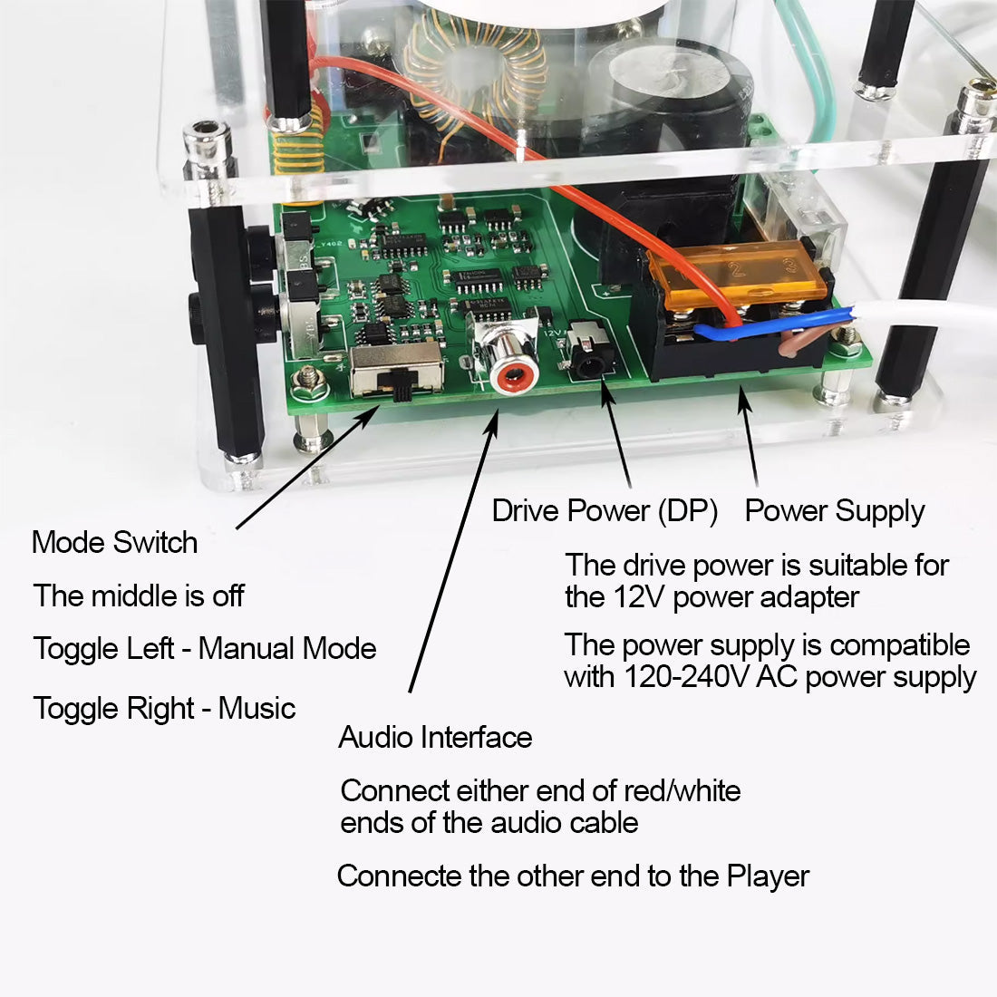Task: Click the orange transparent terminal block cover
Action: click(x=738, y=275)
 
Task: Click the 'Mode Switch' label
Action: click(x=114, y=542)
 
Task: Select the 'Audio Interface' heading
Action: click(x=435, y=737)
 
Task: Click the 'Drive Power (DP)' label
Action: click(x=605, y=510)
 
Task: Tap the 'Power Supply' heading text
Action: click(x=834, y=512)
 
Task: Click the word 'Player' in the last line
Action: click(x=768, y=876)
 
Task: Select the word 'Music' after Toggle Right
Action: click(x=257, y=709)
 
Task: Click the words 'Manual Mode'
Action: click(x=287, y=649)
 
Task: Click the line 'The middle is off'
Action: click(x=139, y=595)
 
